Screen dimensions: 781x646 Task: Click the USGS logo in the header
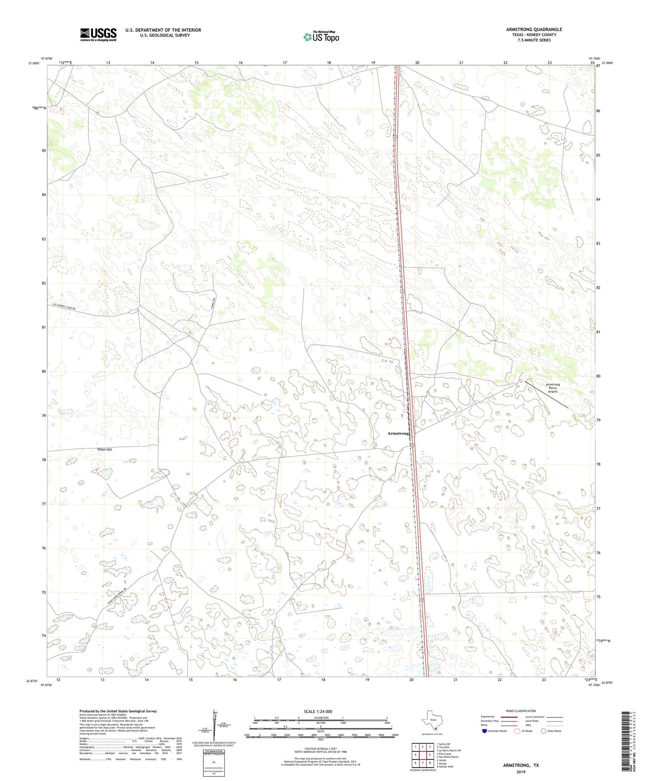tap(98, 34)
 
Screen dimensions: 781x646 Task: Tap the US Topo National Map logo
tap(321, 36)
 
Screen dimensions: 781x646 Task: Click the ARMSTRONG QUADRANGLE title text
tap(534, 30)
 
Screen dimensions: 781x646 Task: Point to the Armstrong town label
tap(398, 433)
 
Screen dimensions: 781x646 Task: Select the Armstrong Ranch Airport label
tap(553, 388)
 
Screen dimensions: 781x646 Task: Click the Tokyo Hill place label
tap(104, 450)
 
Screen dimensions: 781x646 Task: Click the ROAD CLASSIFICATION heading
tap(521, 711)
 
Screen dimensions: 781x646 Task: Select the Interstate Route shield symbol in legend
tap(484, 731)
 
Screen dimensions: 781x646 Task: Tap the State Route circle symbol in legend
tap(544, 731)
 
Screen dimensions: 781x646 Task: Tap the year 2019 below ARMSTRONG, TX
tap(521, 772)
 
